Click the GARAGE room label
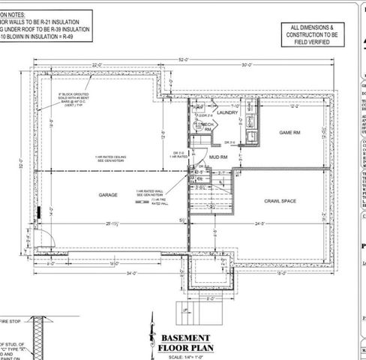(108, 194)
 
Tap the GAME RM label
(289, 133)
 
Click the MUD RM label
(218, 158)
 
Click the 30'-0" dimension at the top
(247, 66)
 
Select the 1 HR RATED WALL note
(148, 193)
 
